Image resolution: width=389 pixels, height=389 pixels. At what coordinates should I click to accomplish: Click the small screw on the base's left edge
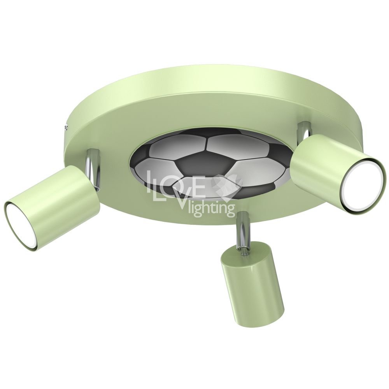tap(66, 127)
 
